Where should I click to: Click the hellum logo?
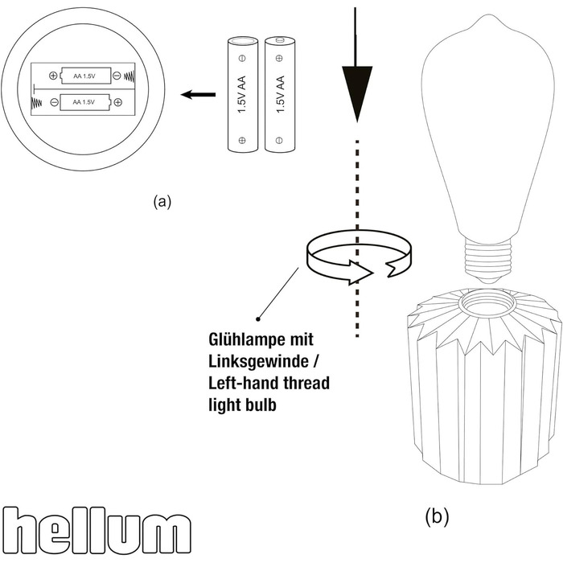click(97, 530)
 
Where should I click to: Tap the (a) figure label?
click(162, 201)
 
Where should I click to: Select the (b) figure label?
click(437, 516)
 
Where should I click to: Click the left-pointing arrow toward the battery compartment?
click(198, 95)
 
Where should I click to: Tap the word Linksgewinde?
click(258, 361)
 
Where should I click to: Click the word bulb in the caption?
click(261, 405)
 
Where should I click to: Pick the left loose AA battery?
click(243, 94)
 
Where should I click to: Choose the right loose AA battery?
click(280, 94)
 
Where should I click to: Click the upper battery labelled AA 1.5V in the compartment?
click(85, 76)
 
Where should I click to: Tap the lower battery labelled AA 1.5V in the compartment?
click(84, 102)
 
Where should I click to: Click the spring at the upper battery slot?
click(129, 76)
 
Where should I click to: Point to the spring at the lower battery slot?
click(36, 103)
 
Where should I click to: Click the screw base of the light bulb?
click(487, 260)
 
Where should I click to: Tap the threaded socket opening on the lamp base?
click(487, 302)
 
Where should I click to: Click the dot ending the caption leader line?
click(258, 318)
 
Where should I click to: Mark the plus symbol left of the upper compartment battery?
click(53, 76)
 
